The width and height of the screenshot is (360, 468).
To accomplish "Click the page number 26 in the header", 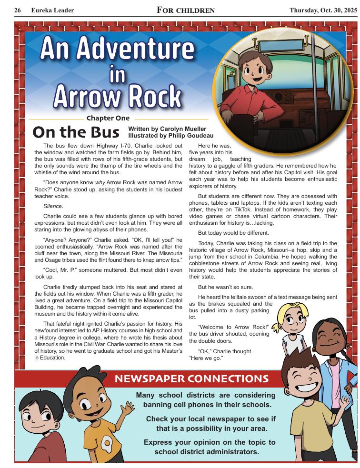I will pyautogui.click(x=18, y=10).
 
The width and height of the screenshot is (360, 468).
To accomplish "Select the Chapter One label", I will pyautogui.click(x=108, y=119).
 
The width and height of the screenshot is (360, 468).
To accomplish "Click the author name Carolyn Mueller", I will pyautogui.click(x=182, y=129).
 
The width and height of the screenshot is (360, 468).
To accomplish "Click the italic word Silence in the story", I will pyautogui.click(x=53, y=206).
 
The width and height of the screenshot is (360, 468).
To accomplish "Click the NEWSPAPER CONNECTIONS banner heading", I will pyautogui.click(x=192, y=379).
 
